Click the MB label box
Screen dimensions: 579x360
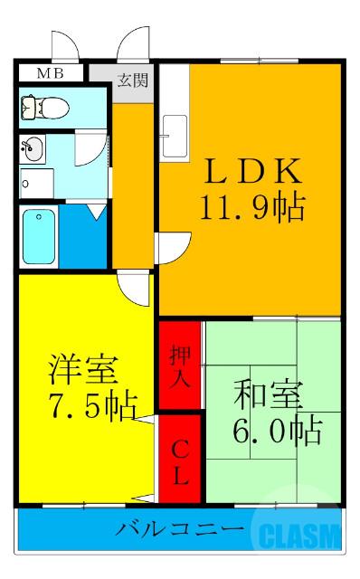coord(51,72)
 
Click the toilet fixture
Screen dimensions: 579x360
coord(45,108)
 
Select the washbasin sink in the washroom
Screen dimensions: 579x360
coord(33,148)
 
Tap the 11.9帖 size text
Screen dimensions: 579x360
coord(251,209)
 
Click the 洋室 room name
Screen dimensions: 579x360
coord(81,370)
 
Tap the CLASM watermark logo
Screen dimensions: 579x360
coord(298,536)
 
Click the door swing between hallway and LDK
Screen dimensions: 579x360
coord(170,247)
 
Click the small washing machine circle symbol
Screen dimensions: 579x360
coord(26,185)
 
